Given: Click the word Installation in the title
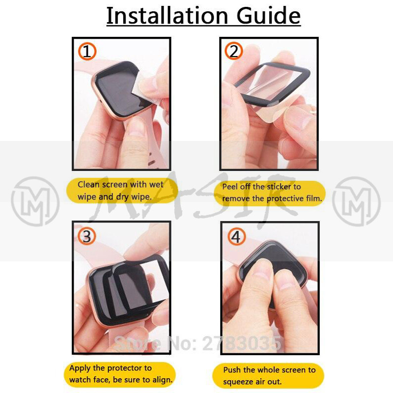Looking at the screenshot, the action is pyautogui.click(x=167, y=16).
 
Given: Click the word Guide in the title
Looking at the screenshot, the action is pyautogui.click(x=268, y=16).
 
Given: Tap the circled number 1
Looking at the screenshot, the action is pyautogui.click(x=87, y=52).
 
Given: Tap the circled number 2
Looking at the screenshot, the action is pyautogui.click(x=234, y=51).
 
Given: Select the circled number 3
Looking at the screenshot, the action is pyautogui.click(x=87, y=236).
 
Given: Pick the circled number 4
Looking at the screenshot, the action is pyautogui.click(x=236, y=237).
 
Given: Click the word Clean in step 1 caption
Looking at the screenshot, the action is pyautogui.click(x=89, y=185).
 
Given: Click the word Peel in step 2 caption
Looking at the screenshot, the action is pyautogui.click(x=229, y=187).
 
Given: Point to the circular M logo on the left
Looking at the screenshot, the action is pyautogui.click(x=35, y=201).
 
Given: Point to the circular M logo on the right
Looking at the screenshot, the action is pyautogui.click(x=357, y=201).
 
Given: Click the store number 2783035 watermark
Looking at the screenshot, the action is pyautogui.click(x=242, y=343).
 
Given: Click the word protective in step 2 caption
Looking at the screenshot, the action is pyautogui.click(x=285, y=199).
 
